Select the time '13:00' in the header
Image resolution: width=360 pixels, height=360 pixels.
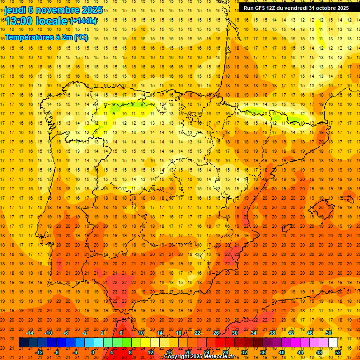point(20,21)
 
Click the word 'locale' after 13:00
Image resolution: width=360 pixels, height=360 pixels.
point(53,21)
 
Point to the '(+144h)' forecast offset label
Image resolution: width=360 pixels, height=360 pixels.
point(83,21)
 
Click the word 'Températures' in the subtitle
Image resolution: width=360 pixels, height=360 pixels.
point(30,37)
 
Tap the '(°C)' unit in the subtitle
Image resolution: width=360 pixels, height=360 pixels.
point(80,37)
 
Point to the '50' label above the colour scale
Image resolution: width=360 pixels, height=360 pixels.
point(329,333)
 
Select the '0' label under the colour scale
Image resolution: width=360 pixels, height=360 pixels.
point(93,352)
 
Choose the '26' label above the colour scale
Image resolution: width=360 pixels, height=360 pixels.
point(216,333)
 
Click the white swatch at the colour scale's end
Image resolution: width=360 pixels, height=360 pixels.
point(333,342)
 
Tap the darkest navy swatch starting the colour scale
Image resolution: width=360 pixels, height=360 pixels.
point(23,342)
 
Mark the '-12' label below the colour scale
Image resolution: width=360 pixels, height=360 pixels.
point(38,352)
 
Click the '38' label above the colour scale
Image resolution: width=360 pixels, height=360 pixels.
point(272,333)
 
